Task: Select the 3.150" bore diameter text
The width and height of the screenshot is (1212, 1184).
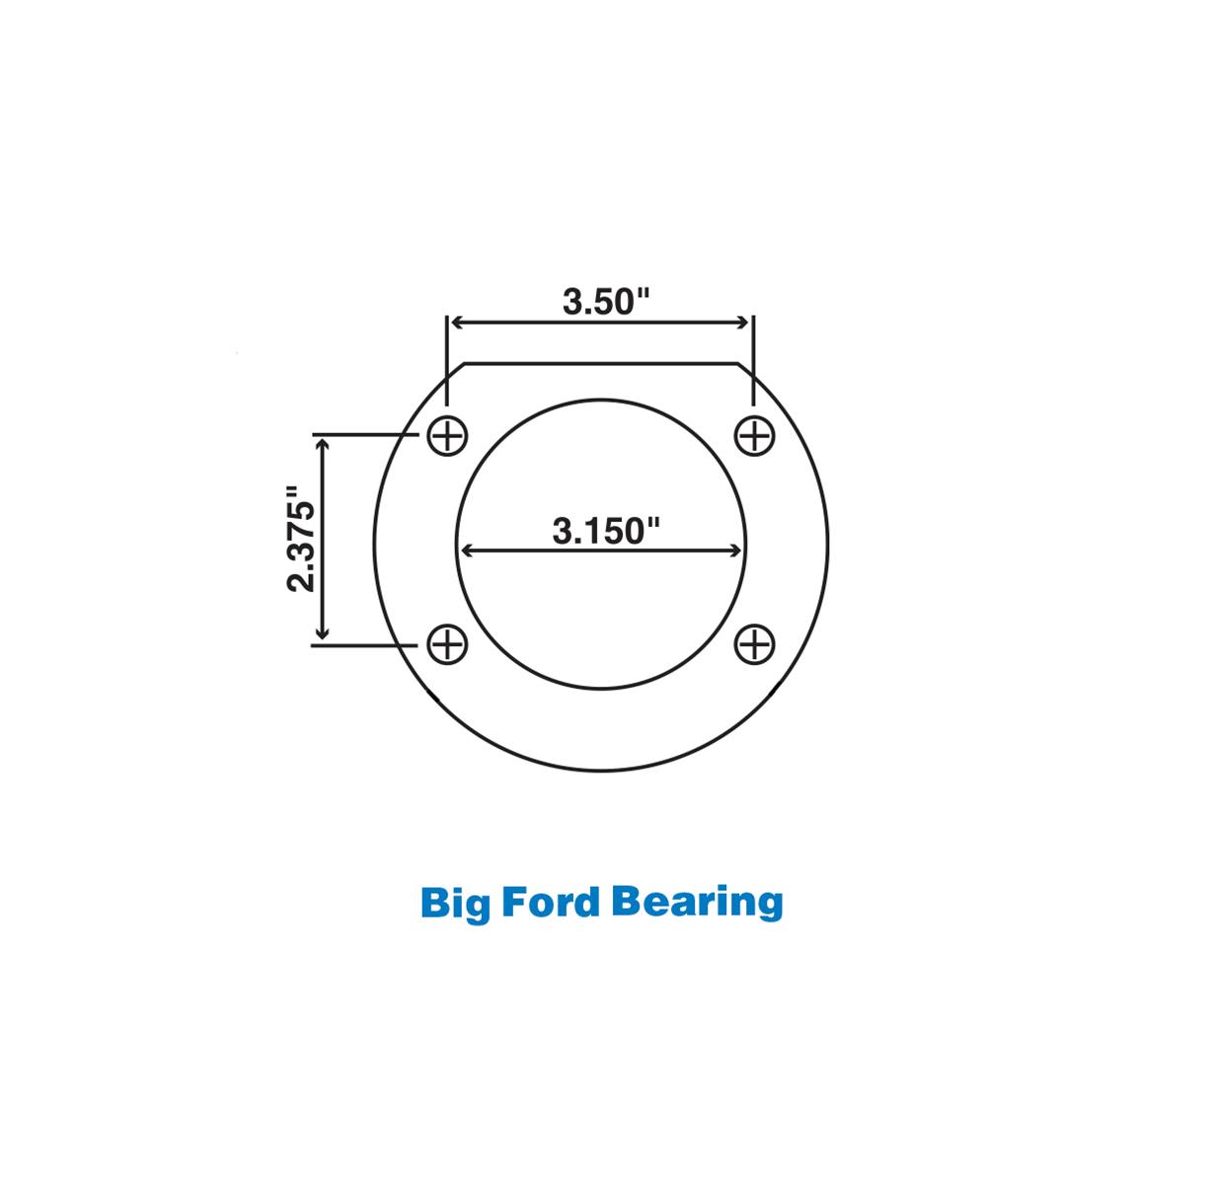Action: [x=605, y=531]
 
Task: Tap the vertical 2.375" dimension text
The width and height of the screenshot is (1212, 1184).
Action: [x=301, y=539]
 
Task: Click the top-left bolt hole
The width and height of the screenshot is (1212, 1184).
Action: [x=448, y=434]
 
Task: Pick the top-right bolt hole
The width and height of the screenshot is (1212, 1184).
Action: [x=755, y=434]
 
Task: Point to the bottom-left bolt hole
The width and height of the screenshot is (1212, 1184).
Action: [x=448, y=644]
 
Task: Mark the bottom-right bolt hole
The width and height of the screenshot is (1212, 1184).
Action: [x=755, y=644]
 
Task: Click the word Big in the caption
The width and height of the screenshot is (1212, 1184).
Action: [x=454, y=903]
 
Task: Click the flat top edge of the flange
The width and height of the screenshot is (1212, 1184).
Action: [x=602, y=363]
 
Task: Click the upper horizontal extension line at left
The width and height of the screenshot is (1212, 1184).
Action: [x=361, y=433]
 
